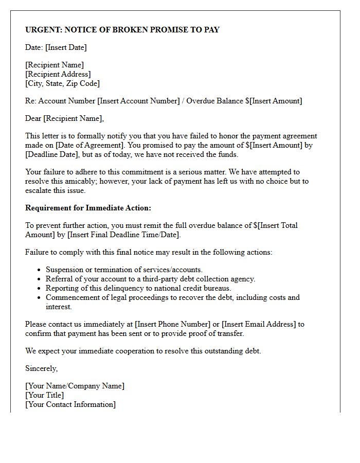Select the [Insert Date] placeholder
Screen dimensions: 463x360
tap(66, 47)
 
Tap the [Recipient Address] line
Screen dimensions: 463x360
tap(58, 74)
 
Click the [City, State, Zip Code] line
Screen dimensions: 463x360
tap(62, 83)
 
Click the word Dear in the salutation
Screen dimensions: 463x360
tap(33, 118)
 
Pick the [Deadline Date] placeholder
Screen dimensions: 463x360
tap(50, 154)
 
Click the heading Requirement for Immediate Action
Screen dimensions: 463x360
tap(88, 208)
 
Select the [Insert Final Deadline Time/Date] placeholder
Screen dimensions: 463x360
tap(123, 235)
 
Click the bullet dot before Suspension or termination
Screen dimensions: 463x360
tap(39, 270)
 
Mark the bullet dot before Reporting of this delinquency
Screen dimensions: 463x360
tap(39, 289)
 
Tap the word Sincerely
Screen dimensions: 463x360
tap(42, 368)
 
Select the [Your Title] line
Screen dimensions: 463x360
tap(45, 395)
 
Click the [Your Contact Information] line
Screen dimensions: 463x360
tap(70, 404)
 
